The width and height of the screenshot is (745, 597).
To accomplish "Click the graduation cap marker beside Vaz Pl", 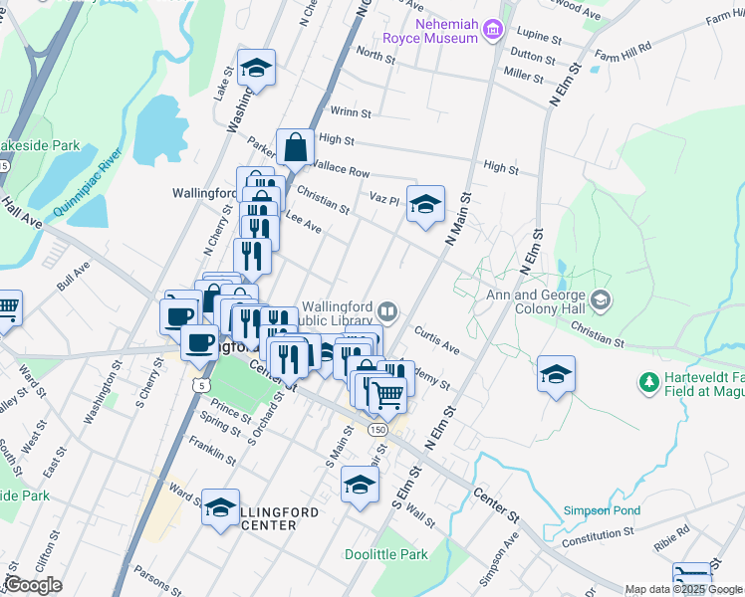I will pos(426,205).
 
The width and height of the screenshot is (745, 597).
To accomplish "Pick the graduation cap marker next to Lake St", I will pos(257,69).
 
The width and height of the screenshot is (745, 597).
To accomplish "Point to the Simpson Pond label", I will pos(601,510).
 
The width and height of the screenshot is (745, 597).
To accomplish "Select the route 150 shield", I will pos(376,429).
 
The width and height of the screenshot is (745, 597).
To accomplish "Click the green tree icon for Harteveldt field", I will pos(648,381).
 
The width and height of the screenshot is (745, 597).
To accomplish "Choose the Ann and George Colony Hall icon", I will pos(600,299).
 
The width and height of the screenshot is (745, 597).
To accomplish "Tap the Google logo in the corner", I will pos(32,585).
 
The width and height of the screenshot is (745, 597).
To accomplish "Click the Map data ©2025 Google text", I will pos(683,590).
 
